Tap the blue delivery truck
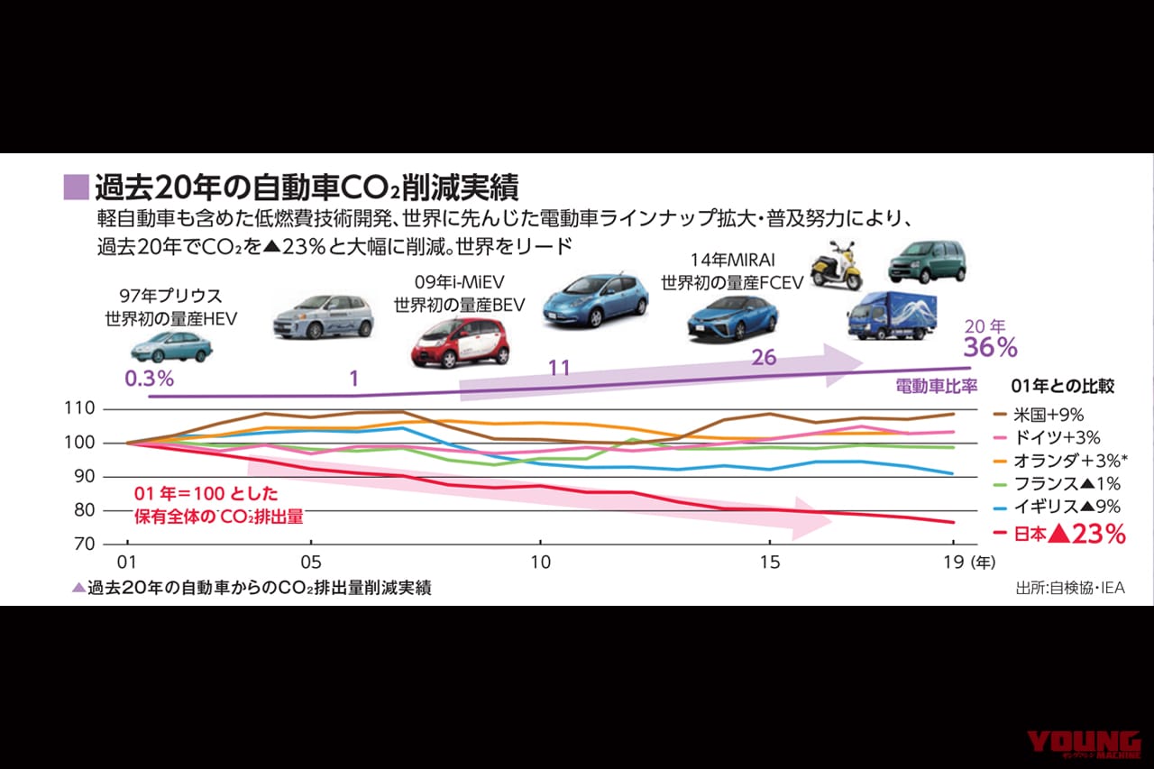[x=892, y=316]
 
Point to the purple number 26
[x=764, y=358]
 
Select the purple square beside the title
[x=77, y=187]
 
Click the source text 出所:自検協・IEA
[x=1070, y=588]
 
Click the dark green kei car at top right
[x=926, y=261]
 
